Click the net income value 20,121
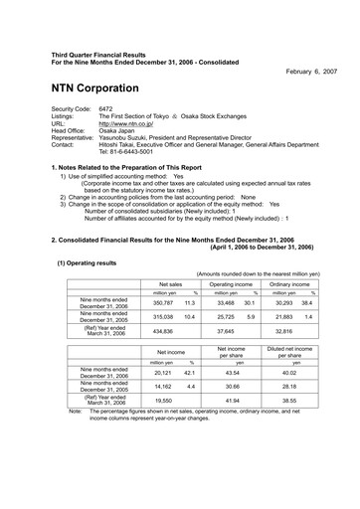163,374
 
